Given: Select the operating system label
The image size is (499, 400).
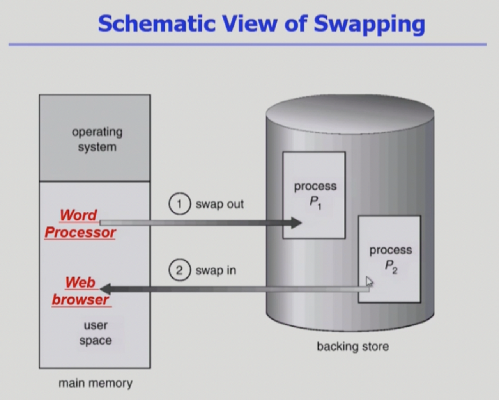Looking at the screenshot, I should [x=97, y=139].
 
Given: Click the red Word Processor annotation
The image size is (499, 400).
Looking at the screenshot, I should [x=80, y=224].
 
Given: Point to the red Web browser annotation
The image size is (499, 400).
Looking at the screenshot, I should [x=81, y=291].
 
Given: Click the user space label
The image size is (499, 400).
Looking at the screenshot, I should [x=96, y=333].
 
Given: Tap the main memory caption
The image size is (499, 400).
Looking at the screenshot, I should [x=96, y=383].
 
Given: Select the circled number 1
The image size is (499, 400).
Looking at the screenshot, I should [x=179, y=204].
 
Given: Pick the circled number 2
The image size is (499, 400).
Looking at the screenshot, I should [x=179, y=270].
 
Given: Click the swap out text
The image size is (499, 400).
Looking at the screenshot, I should [x=219, y=204].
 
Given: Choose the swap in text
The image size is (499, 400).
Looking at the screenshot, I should [x=216, y=270].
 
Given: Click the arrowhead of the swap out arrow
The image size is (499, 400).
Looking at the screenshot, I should [x=296, y=223].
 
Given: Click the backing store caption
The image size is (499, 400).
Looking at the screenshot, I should [x=352, y=347].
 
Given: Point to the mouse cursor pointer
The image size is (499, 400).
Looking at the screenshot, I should [x=368, y=281].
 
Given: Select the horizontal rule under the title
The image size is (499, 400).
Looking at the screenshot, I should [x=248, y=45].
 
